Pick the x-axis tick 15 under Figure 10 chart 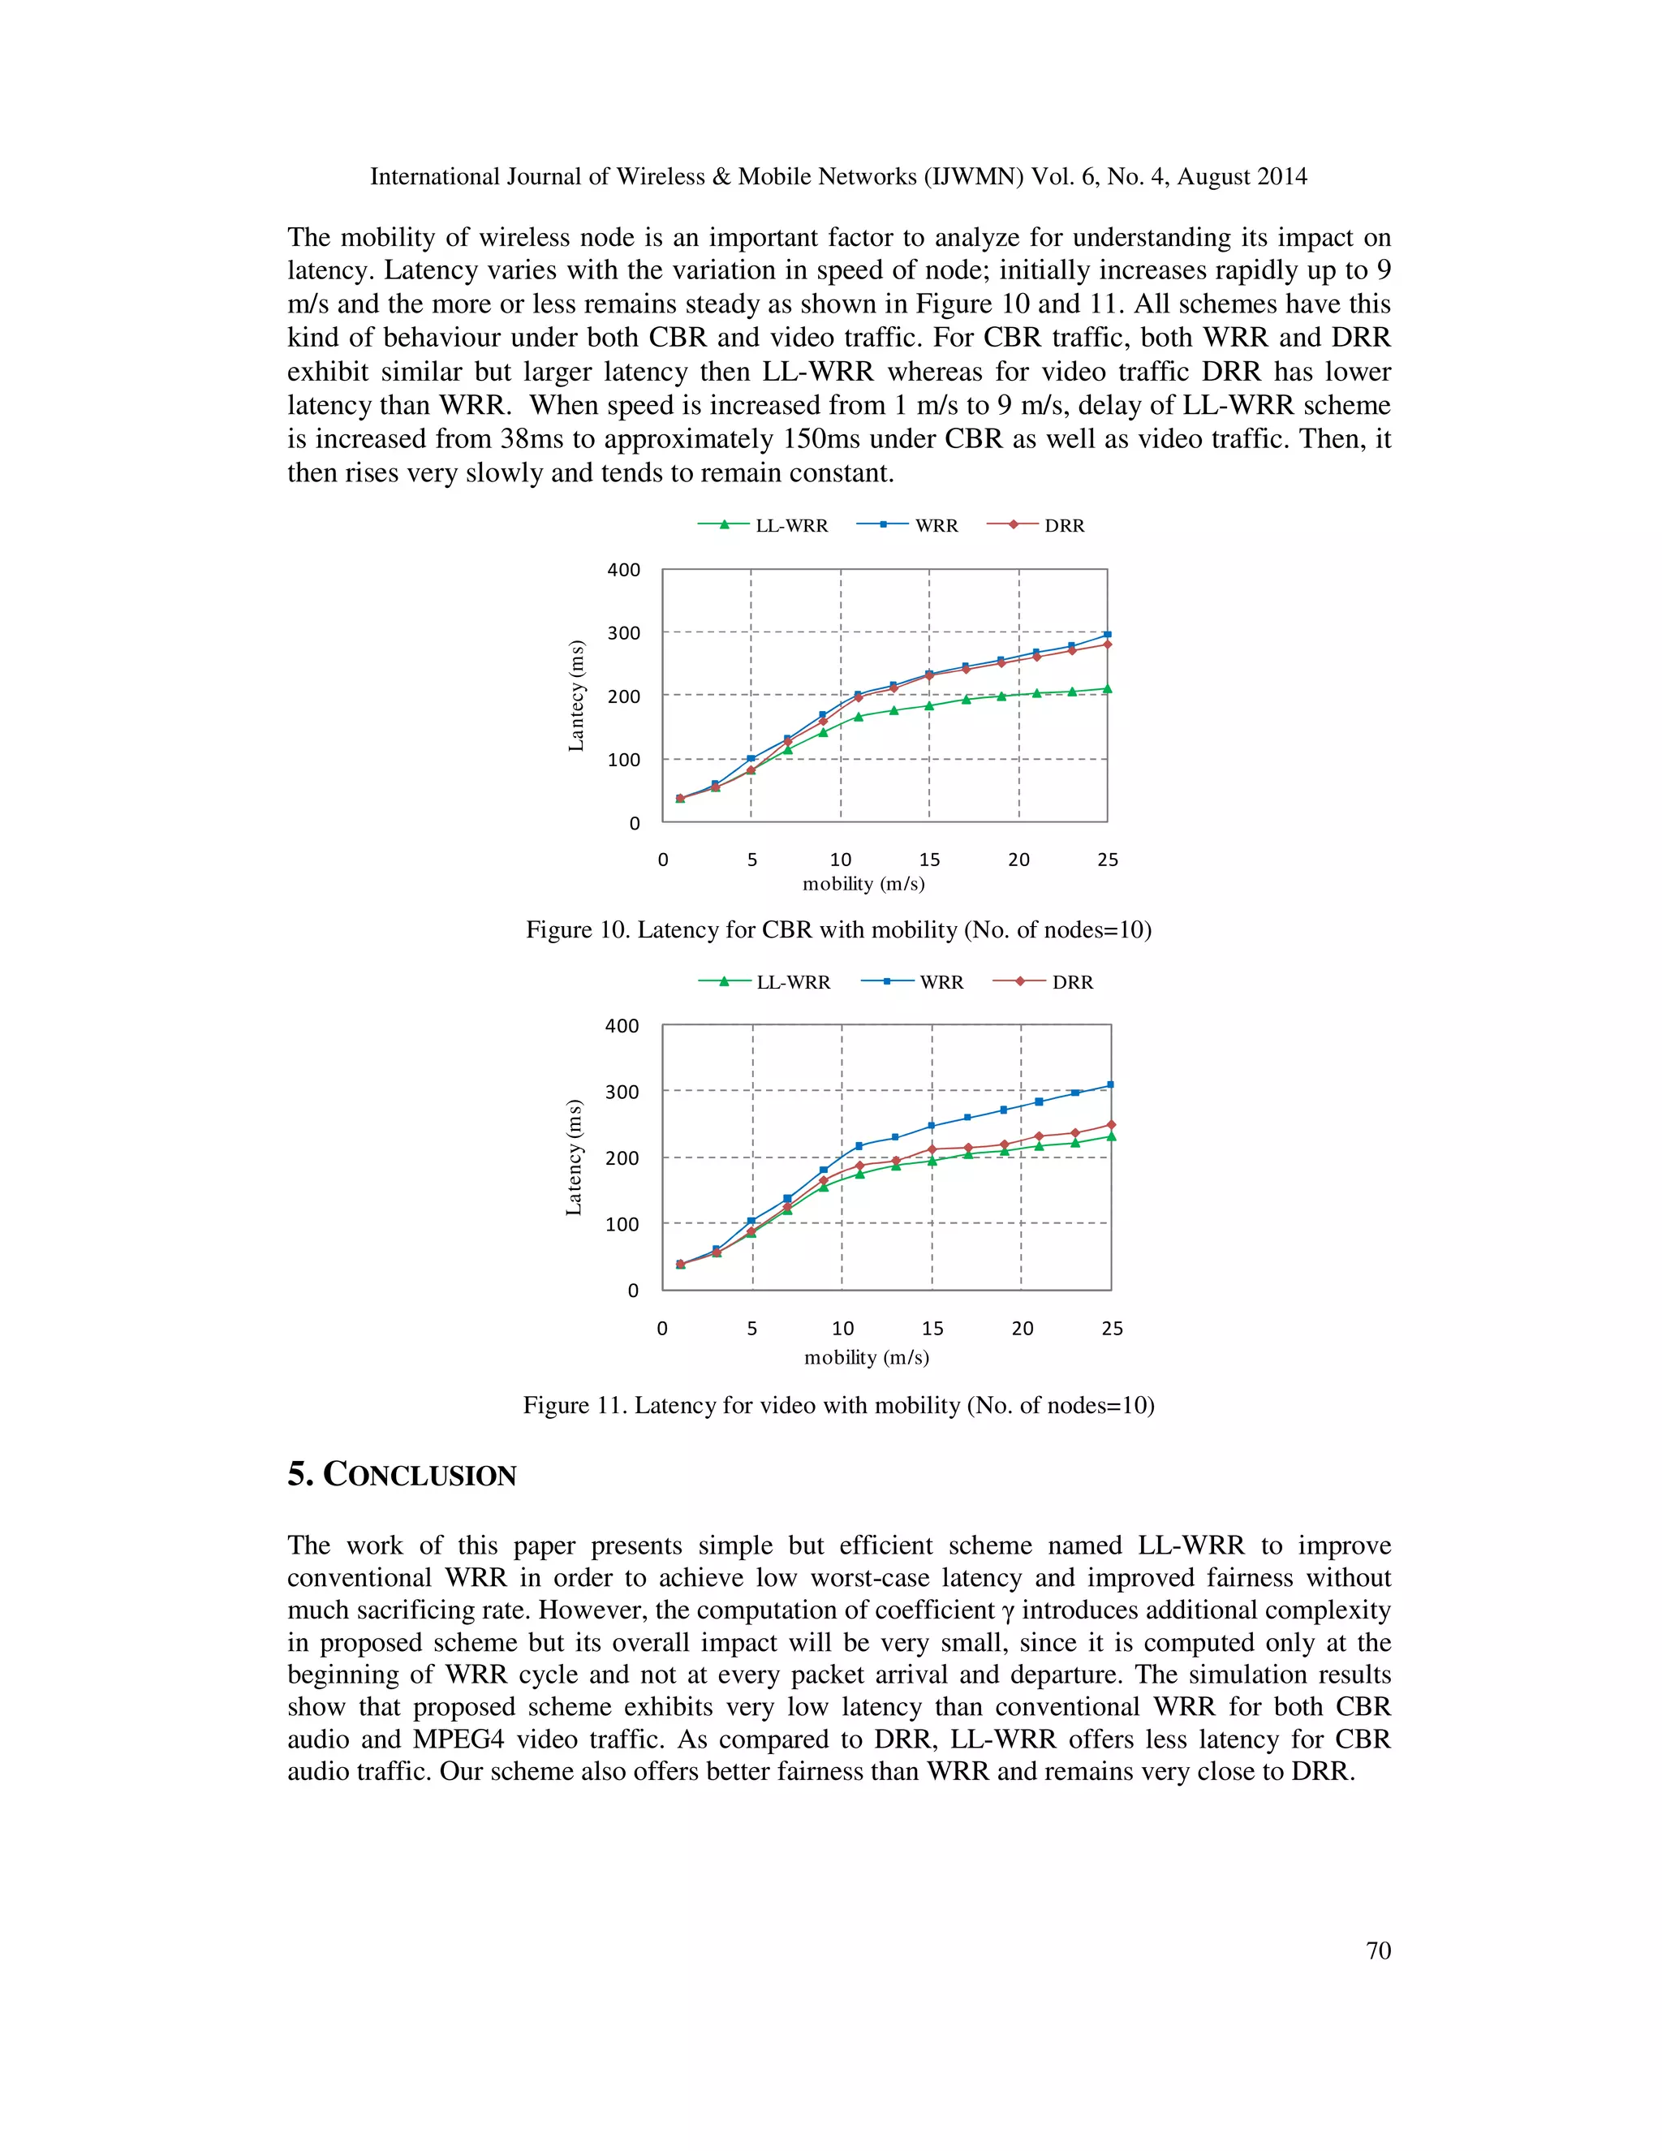tap(928, 860)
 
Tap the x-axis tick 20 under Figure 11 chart tap(1022, 1329)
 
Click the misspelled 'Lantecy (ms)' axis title tap(577, 696)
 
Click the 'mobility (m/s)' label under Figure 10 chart tap(863, 883)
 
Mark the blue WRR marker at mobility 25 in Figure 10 tap(1107, 634)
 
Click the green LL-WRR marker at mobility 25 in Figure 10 tap(1107, 688)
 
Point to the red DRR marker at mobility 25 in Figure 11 tap(1111, 1123)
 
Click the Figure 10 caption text tap(837, 929)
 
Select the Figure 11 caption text tap(837, 1405)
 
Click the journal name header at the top tap(837, 177)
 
